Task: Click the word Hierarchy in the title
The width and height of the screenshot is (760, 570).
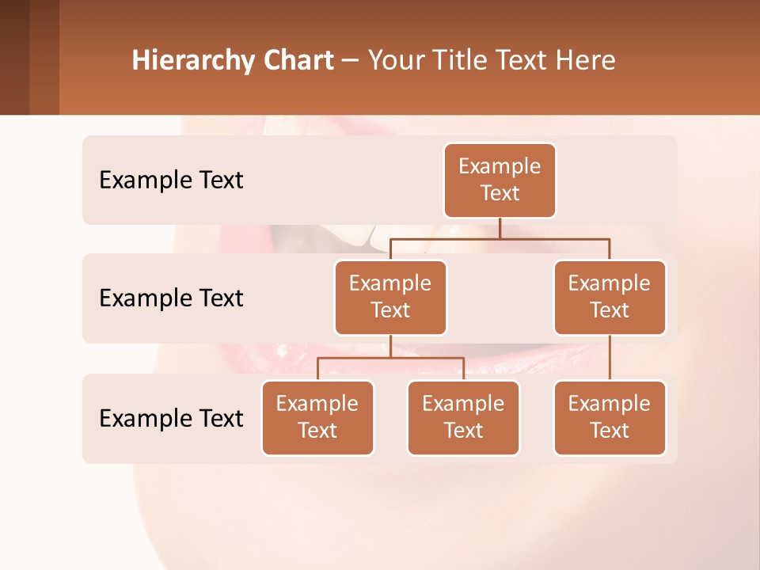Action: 191,61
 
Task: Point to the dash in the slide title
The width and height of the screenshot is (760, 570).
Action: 351,61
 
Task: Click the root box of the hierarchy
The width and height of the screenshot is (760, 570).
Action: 500,180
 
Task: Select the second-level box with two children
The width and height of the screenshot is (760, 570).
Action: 390,297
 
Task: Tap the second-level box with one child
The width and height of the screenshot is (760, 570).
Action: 610,297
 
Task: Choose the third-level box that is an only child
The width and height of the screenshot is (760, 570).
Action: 610,417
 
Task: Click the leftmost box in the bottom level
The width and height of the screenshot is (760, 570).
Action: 317,417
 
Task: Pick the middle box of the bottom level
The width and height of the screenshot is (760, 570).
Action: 463,417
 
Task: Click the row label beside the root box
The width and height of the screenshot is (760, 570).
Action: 171,180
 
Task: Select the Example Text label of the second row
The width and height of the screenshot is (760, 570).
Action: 171,298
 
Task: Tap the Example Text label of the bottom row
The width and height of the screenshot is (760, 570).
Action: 171,419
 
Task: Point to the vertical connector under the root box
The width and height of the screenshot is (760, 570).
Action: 500,228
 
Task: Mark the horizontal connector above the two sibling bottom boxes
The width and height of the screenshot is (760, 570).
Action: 390,358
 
